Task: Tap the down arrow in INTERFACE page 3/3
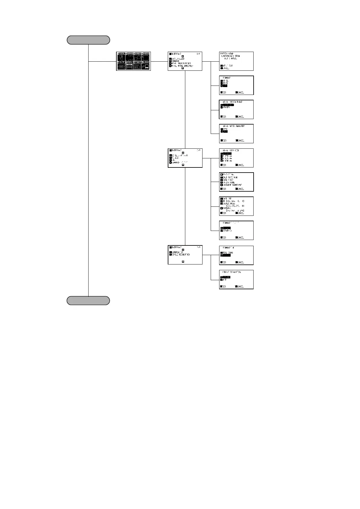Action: [x=183, y=262]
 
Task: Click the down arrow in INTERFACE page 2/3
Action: [x=183, y=165]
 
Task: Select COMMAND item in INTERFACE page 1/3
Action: [x=175, y=61]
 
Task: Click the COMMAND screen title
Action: [x=227, y=78]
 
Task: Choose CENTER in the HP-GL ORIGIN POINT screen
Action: [x=226, y=107]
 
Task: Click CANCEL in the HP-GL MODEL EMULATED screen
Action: [x=240, y=141]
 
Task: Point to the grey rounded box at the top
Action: [x=88, y=40]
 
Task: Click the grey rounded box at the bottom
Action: [x=88, y=301]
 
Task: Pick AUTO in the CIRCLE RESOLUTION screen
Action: [x=225, y=280]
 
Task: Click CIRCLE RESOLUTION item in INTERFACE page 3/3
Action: [x=181, y=254]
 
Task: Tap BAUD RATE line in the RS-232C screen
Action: [x=230, y=177]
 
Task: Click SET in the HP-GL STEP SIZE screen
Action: [x=224, y=165]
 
